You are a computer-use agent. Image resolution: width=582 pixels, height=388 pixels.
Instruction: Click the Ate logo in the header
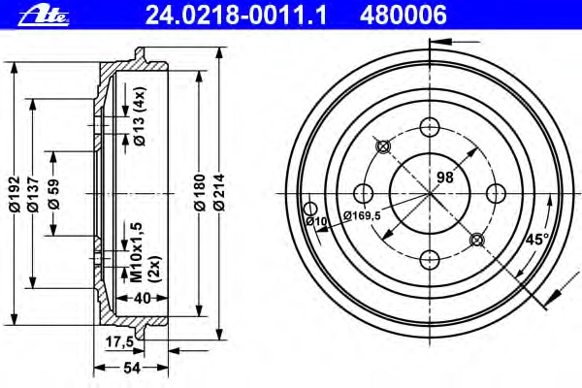coord(44,16)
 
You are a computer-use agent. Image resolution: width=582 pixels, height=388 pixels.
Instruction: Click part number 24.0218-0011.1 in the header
coord(236,16)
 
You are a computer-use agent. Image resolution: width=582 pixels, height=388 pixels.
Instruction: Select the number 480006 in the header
coord(404,16)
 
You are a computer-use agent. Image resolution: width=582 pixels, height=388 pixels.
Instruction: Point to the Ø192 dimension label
coord(15,193)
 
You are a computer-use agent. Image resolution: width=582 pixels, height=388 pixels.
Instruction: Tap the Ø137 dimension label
coord(33,193)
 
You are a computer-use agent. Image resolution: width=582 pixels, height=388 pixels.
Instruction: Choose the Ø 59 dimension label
coord(53,194)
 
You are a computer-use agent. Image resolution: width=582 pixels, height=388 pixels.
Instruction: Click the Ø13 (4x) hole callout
coord(140,116)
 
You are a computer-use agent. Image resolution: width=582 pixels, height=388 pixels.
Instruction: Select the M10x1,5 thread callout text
coord(137,252)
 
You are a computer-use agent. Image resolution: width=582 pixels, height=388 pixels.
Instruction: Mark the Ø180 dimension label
coord(200,192)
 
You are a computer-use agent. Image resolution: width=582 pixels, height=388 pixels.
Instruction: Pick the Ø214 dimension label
coord(219,192)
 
